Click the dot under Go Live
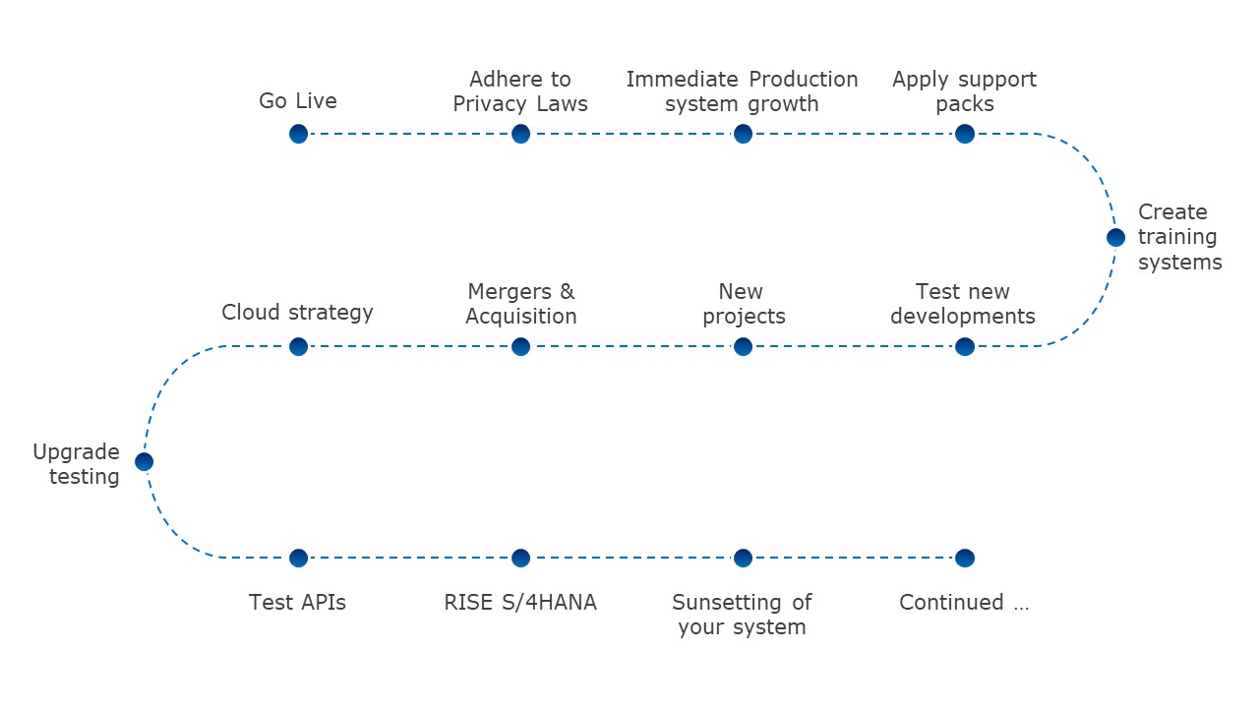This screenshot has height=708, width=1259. coord(298,134)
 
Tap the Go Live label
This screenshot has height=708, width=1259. coord(298,101)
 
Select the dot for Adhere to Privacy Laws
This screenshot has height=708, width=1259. coord(520,134)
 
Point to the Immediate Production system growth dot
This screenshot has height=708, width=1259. coord(743,134)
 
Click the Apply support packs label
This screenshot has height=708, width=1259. coord(964,91)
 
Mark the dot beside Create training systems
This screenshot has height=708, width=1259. coord(1115,237)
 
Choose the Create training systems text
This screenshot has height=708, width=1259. coord(1179,237)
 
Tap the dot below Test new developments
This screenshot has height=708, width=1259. coord(965,346)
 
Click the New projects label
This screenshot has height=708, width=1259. coord(743,304)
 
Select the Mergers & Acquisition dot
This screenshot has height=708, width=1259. coord(520,346)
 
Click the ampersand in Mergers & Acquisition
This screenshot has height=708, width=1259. coord(567,292)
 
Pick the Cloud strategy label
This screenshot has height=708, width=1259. coord(297,313)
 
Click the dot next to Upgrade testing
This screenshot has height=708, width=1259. coord(144,461)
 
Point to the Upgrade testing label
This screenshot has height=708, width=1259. coord(77,464)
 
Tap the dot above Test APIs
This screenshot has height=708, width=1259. coord(298,558)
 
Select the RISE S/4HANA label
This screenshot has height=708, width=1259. coord(520,603)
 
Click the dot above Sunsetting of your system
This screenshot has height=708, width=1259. coord(743,558)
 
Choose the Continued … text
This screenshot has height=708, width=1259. coord(964,603)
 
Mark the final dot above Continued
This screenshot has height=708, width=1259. coord(965,558)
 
